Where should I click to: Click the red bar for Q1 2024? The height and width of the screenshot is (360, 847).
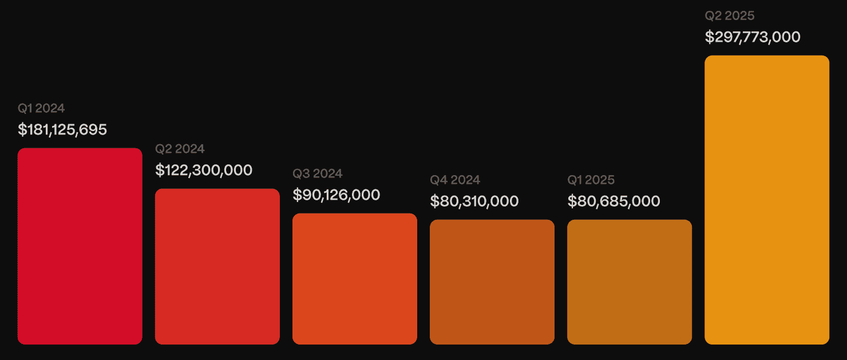coord(80,246)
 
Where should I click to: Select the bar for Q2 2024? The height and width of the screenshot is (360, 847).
coord(217,266)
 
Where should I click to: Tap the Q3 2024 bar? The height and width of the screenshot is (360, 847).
coord(355,279)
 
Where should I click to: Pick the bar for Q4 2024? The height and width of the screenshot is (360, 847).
coord(492,282)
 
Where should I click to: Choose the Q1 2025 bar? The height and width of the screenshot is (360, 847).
coord(630,282)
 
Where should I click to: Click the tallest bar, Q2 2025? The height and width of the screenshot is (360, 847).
coord(767,200)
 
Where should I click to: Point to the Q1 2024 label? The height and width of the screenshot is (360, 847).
coord(41,108)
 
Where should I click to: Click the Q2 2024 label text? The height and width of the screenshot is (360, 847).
coord(180,149)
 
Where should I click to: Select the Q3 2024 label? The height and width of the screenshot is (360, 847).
coord(318,173)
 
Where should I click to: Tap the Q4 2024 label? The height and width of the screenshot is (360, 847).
coord(455,180)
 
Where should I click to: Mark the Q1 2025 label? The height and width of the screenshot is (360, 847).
coord(591,180)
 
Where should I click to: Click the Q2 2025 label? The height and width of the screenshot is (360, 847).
coord(730,16)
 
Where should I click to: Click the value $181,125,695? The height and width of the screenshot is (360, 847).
coord(62,129)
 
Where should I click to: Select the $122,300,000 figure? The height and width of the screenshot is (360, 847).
coord(204,170)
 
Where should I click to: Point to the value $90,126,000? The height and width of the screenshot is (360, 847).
coord(337,195)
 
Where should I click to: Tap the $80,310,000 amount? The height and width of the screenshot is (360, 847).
coord(474,201)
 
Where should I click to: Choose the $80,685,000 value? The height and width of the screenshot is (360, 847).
coord(614,201)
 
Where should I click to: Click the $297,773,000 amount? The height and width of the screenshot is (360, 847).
coord(753,37)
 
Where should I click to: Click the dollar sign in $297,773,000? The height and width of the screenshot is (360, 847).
coord(709,37)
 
